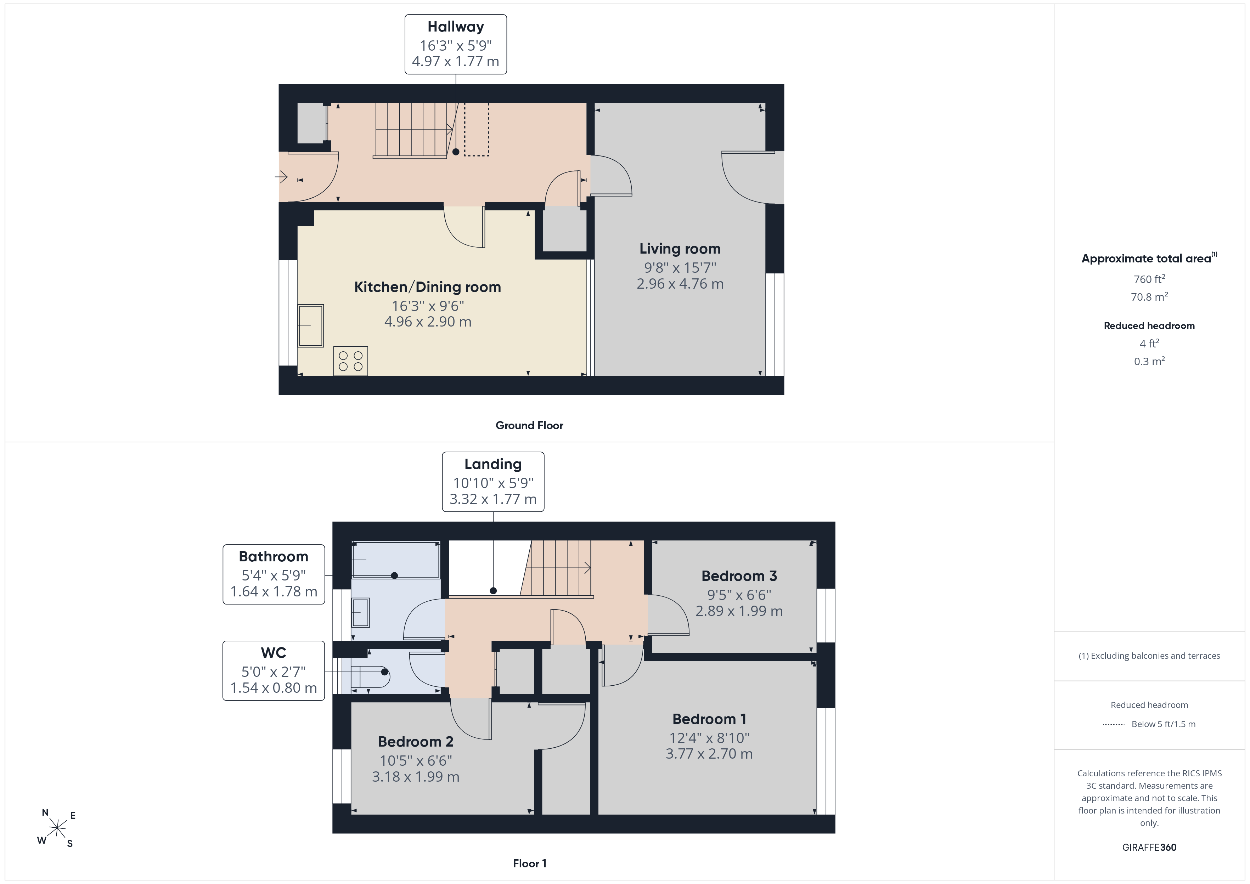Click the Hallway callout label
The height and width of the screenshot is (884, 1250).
456,44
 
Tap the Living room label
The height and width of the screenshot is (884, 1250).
680,249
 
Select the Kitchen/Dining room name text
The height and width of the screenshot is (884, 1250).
427,287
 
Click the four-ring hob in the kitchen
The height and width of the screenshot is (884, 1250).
351,361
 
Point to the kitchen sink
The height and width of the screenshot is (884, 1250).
310,325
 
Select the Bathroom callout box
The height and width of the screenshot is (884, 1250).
274,574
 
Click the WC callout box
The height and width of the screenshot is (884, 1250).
274,671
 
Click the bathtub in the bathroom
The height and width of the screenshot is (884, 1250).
396,560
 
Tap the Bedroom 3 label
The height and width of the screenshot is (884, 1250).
739,576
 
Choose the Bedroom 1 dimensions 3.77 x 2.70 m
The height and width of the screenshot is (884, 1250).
709,754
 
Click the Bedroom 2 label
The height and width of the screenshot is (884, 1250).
415,742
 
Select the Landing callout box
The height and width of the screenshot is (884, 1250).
493,482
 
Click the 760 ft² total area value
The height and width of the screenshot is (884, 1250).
1149,279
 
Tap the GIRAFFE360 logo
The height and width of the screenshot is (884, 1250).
1149,848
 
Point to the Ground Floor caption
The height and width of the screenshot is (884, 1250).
529,426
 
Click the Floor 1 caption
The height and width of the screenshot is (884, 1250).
529,863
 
